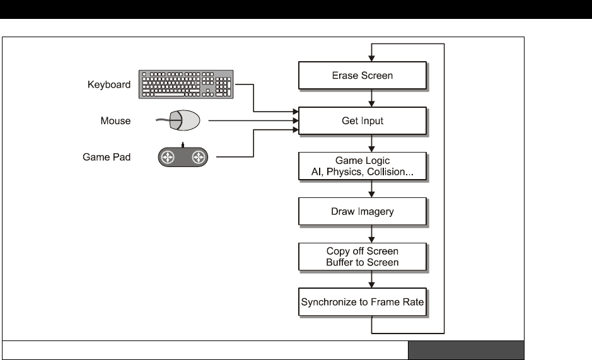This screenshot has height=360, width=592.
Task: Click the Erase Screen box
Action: [362, 75]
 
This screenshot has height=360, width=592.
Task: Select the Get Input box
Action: [362, 120]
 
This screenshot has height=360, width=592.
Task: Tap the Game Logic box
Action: [362, 165]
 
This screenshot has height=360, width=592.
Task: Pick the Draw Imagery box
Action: [362, 211]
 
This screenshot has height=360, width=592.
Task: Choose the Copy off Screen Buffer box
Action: [362, 257]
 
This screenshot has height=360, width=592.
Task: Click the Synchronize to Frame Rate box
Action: [362, 301]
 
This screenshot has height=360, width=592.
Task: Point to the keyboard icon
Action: [187, 84]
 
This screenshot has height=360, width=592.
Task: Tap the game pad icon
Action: [182, 157]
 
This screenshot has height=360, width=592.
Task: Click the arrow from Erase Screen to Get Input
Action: [373, 97]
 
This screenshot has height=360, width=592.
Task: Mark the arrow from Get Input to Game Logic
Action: [373, 142]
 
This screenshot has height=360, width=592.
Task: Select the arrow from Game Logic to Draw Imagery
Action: [373, 188]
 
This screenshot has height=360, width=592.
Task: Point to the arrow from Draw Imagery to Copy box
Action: [373, 233]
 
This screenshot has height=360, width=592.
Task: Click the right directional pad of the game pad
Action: [198, 157]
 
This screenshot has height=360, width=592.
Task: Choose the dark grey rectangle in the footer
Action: [466, 350]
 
